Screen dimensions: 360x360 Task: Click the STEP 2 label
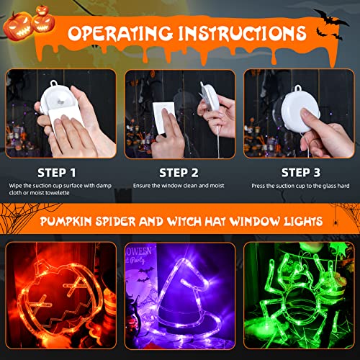click(179, 172)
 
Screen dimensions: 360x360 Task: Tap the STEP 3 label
click(300, 172)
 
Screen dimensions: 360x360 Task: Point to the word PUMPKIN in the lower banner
click(70, 220)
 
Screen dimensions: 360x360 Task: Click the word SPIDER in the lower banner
click(134, 220)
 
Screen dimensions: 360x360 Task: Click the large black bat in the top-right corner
click(328, 16)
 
